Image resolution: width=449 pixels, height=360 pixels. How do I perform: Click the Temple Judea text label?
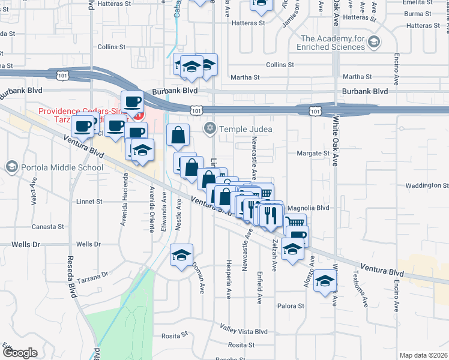pos(246,128)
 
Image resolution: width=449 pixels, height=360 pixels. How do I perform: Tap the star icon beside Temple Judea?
pos(210,128)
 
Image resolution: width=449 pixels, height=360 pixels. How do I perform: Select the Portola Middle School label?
pos(62,167)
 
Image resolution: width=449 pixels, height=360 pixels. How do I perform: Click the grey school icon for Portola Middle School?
pos(11,166)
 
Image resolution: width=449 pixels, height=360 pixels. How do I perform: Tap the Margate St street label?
pos(313,153)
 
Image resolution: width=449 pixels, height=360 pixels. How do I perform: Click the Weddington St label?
pos(427,185)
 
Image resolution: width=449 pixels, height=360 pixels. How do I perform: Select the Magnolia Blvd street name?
pos(309,208)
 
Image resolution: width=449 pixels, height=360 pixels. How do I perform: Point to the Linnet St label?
pos(89,202)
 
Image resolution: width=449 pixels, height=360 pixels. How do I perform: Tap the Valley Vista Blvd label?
pos(243,331)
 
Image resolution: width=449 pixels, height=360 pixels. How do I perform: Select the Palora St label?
pos(291,306)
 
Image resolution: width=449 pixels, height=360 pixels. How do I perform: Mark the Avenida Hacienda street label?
pos(126,193)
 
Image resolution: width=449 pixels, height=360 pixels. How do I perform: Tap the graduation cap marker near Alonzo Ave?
pos(325,282)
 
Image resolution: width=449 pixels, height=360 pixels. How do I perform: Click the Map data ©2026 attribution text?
pos(423,355)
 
